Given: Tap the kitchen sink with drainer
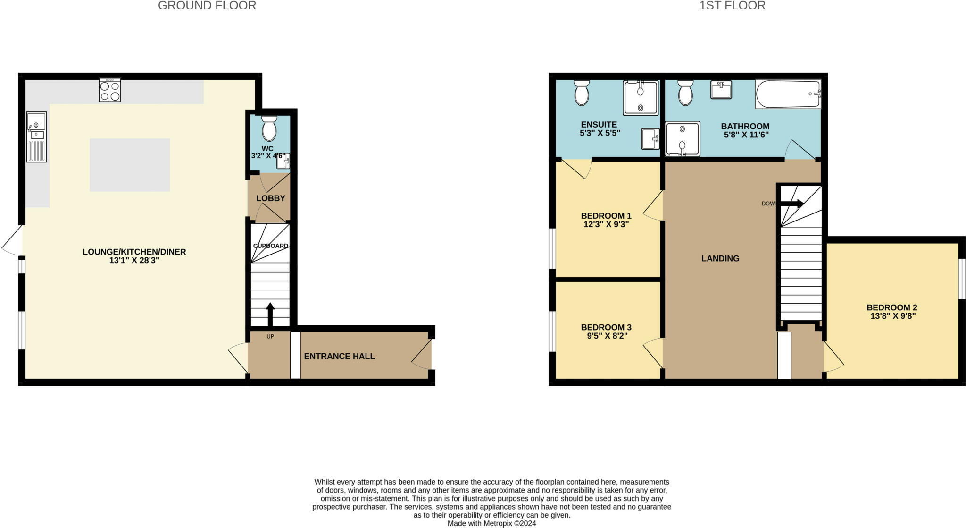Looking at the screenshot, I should click(36, 137).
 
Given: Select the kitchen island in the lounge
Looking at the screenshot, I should click(130, 165).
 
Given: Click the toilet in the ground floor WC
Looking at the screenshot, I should click(269, 129).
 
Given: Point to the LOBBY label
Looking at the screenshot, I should click(271, 198).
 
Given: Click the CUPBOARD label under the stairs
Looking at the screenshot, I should click(271, 246).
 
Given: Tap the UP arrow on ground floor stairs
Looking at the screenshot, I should click(270, 314).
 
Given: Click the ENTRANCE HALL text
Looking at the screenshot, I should click(339, 356).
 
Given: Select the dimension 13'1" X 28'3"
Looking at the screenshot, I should click(134, 260).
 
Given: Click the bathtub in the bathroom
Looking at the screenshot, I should click(788, 94).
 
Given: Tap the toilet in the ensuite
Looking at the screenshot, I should click(582, 93).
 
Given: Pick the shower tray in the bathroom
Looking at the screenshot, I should click(682, 139).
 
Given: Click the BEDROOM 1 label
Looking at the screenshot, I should click(606, 216).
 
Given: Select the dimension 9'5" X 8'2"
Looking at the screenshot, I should click(606, 336).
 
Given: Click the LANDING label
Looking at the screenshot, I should click(720, 258).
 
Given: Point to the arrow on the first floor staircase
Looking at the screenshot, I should click(792, 204).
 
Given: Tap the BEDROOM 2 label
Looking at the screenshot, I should click(891, 307).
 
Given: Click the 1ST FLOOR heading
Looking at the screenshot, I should click(732, 6).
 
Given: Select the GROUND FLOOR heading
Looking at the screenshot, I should click(207, 6).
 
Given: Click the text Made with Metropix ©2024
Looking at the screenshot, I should click(491, 523).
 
